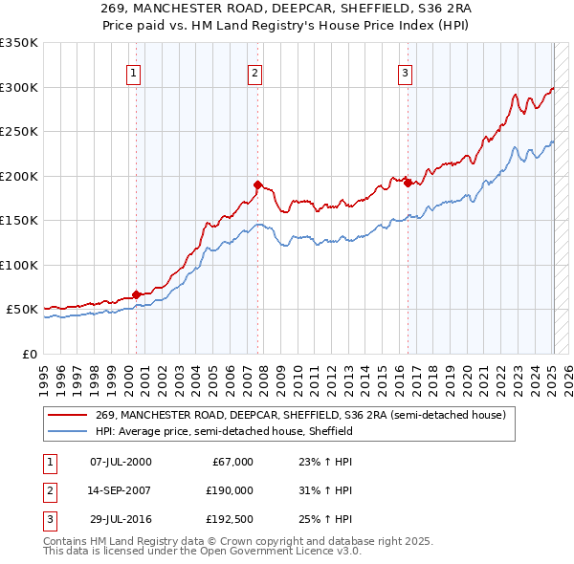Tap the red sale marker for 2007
(258, 184)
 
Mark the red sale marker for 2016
(408, 183)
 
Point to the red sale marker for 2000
(136, 294)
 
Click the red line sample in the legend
(68, 415)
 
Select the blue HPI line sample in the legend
(68, 431)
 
